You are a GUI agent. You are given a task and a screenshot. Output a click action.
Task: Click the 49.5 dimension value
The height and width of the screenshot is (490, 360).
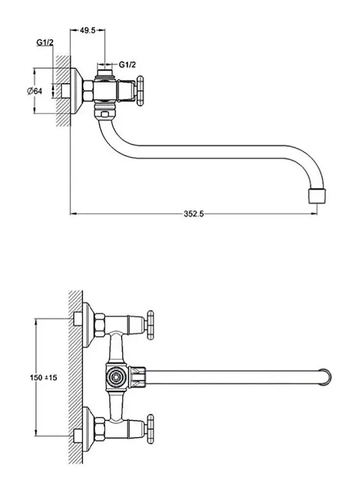pos(87,30)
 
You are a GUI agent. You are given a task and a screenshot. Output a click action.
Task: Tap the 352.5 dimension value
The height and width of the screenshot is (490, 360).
pos(194,214)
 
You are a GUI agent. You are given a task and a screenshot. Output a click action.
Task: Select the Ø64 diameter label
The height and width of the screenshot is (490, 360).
pos(34,91)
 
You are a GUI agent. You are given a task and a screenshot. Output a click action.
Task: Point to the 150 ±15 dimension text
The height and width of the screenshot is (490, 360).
pos(44,378)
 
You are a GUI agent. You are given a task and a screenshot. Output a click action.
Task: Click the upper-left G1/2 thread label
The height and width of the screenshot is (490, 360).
pos(45,43)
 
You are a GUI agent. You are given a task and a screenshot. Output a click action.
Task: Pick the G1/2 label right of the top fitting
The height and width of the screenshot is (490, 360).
pos(127,65)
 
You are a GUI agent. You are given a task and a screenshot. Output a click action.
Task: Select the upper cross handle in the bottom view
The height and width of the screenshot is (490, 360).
pos(150,325)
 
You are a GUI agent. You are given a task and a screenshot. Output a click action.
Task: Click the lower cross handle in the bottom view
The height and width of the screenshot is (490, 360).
pos(150,429)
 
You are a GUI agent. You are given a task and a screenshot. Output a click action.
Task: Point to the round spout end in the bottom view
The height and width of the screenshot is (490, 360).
pos(326,377)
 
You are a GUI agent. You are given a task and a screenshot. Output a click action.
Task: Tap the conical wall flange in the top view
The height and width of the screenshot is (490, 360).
pos(77,91)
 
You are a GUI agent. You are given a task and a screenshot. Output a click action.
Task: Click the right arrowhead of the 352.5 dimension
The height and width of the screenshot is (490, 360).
pos(314,214)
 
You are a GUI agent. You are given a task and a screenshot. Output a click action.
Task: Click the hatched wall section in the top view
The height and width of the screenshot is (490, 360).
pos(64,91)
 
